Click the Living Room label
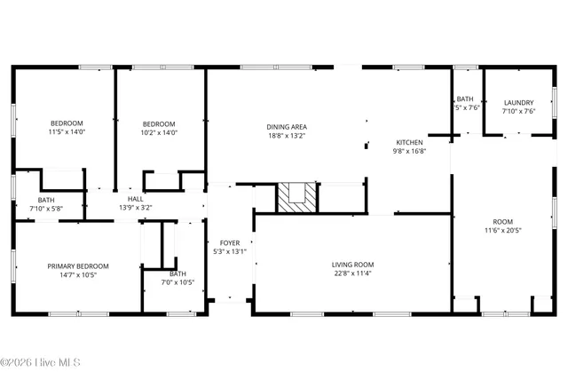[x=353, y=264]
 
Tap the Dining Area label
[x=287, y=126]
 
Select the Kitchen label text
[x=409, y=142]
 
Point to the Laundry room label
[x=518, y=103]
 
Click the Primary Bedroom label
[x=78, y=266]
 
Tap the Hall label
[x=135, y=199]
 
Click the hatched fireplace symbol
[x=296, y=197]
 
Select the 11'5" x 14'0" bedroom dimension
[x=67, y=132]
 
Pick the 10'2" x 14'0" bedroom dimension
[x=160, y=132]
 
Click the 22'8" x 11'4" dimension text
[x=353, y=273]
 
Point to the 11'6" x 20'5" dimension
[x=503, y=231]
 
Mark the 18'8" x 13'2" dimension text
[x=287, y=135]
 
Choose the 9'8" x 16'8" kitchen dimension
[x=409, y=151]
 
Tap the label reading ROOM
[x=503, y=222]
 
